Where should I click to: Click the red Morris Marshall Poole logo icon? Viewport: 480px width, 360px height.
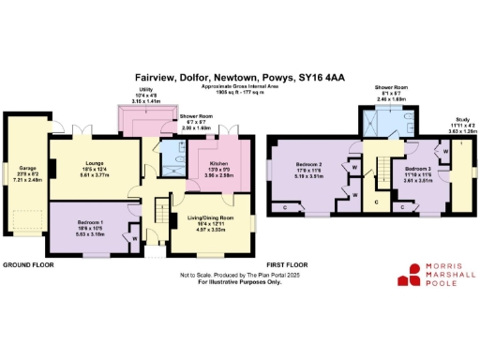click(x=409, y=276)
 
